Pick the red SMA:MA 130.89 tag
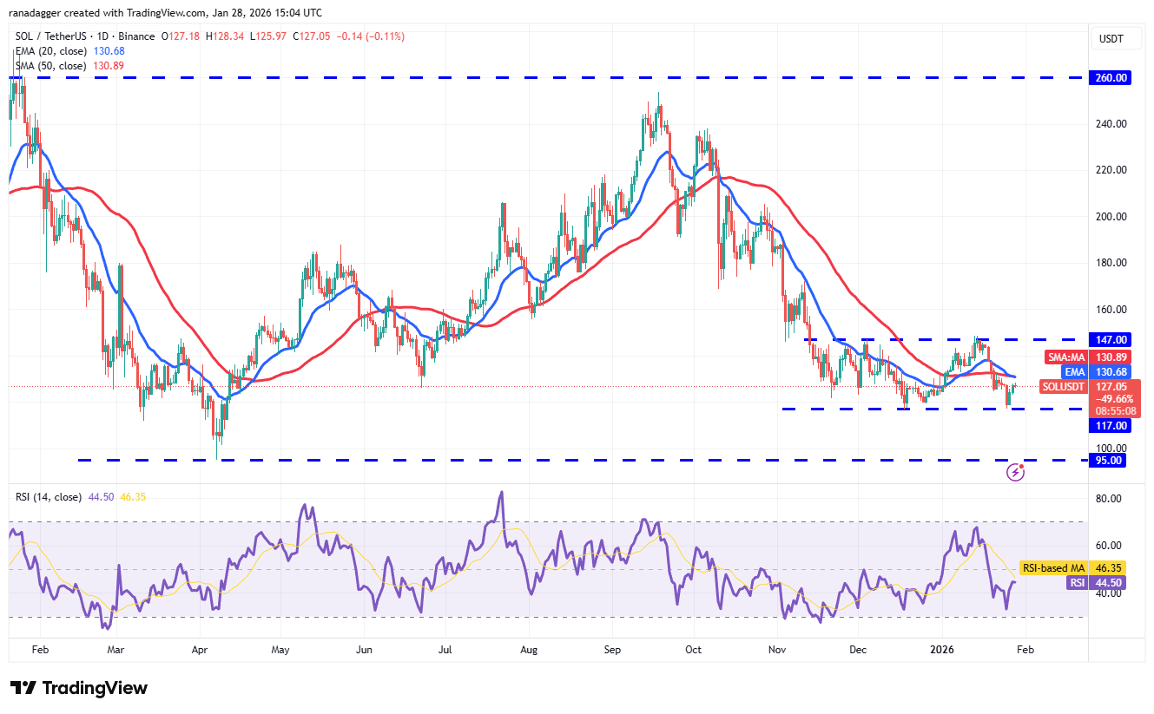pos(1084,357)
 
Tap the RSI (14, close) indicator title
pos(49,497)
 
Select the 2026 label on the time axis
pos(943,649)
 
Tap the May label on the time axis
pos(280,649)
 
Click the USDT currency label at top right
pos(1111,38)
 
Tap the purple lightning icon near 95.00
pos(1015,472)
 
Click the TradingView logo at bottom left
pos(79,688)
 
